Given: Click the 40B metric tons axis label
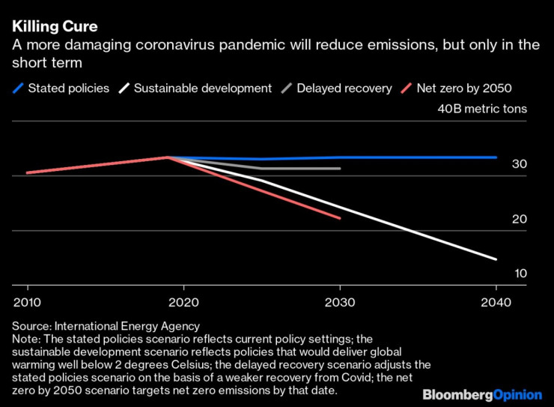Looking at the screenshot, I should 482,109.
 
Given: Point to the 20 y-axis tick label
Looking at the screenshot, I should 520,219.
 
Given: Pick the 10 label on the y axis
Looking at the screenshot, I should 520,273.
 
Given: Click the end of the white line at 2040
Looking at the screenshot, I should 496,259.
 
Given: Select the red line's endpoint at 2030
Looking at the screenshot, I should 340,218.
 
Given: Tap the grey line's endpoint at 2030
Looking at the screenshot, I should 340,169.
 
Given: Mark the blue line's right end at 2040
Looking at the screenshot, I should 496,157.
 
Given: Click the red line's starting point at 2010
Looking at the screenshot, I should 28,172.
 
